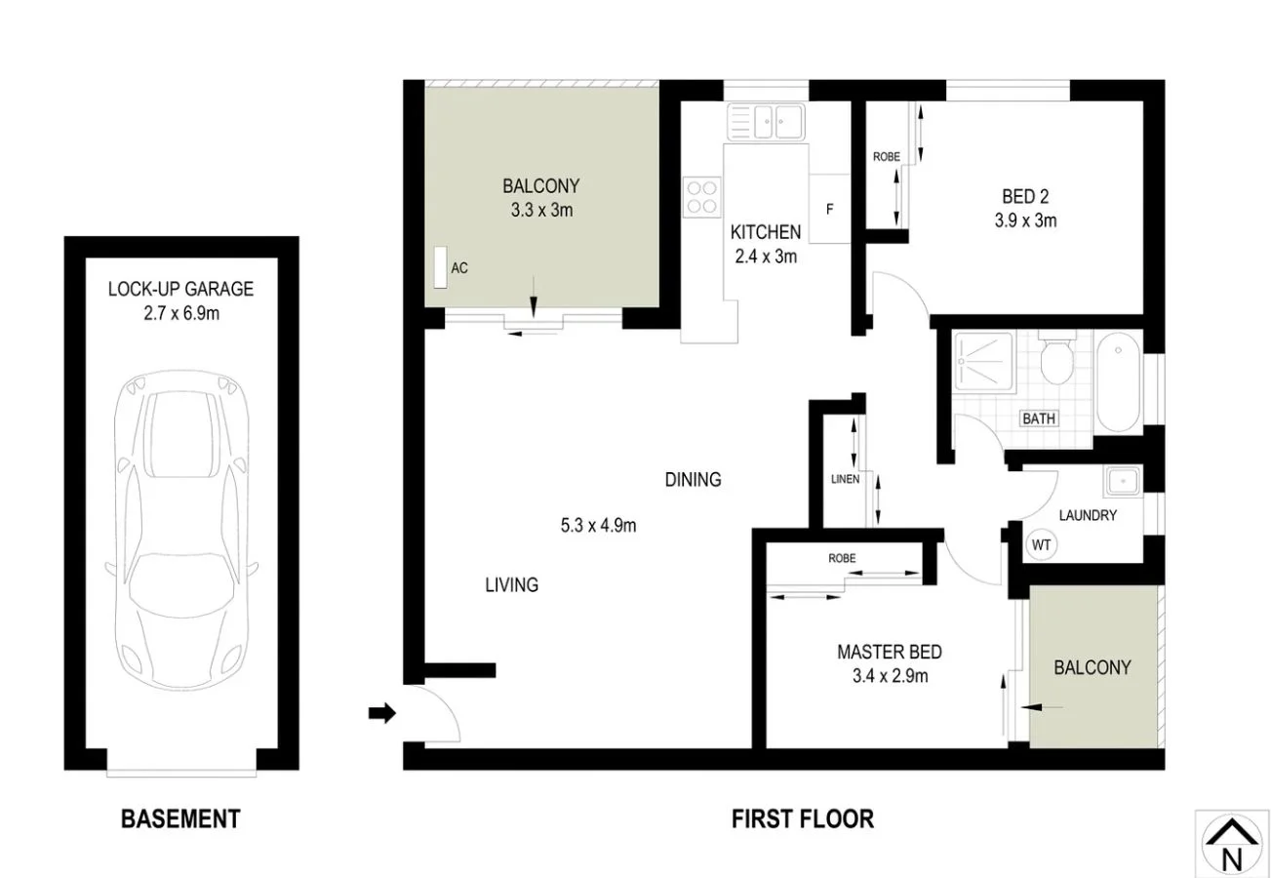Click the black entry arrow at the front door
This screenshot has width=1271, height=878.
[x=381, y=714]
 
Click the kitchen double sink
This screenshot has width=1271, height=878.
[x=766, y=123]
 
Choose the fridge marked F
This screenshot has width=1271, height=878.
[x=829, y=208]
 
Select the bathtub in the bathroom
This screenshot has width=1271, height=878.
[x=1118, y=382]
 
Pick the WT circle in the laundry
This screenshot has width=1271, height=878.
[x=1041, y=545]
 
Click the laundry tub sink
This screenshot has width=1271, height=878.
[x=1123, y=481]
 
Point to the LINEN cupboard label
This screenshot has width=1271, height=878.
[x=845, y=479]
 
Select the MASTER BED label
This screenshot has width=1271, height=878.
[x=889, y=653]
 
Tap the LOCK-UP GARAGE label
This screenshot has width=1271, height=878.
[x=180, y=289]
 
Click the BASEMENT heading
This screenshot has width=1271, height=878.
[x=180, y=818]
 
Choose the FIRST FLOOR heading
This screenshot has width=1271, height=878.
[x=803, y=818]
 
